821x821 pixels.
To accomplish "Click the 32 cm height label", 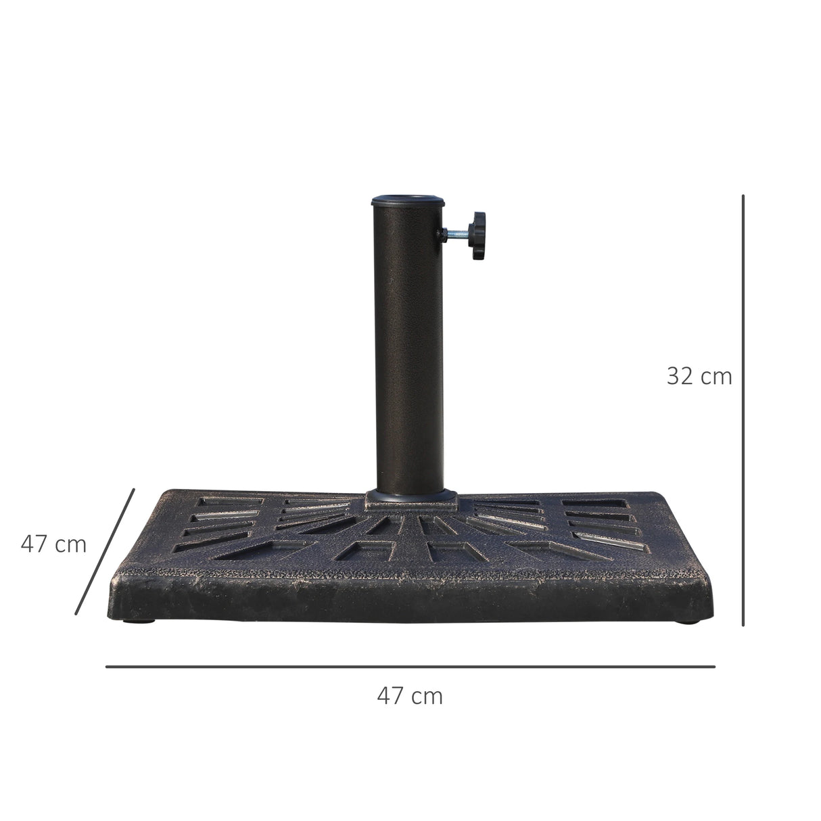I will point(699,376).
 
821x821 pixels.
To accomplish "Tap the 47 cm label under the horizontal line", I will point(410,695).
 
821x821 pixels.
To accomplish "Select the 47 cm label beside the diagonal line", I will point(53,544).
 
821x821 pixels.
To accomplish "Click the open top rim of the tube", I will point(408,200).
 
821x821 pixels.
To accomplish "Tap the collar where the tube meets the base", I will point(410,499).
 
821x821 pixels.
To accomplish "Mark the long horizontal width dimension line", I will point(410,667).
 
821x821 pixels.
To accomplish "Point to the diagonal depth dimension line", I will point(105,551).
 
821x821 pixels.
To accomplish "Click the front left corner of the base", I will point(114,578).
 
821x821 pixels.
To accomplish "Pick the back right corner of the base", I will point(670,495).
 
